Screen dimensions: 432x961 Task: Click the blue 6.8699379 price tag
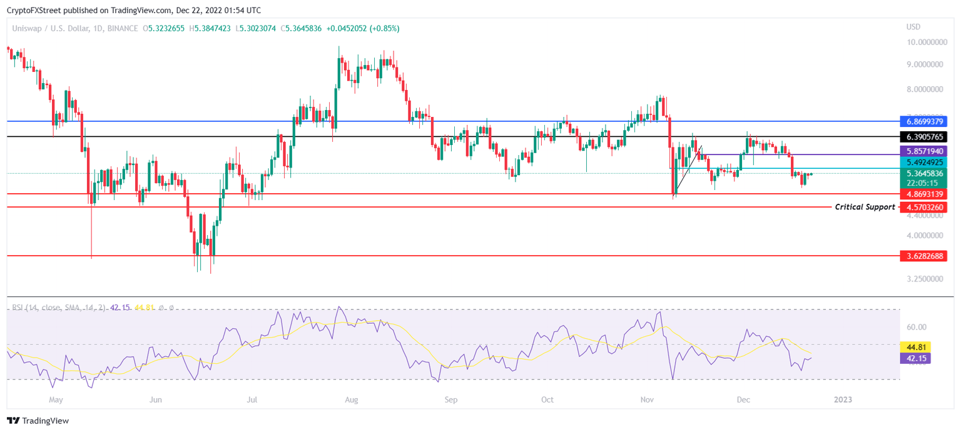(922, 121)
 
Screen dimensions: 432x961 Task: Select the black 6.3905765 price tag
(922, 136)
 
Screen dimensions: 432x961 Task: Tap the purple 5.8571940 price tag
(922, 151)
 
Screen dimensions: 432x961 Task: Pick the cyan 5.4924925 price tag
(922, 162)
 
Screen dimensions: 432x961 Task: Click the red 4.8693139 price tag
(922, 194)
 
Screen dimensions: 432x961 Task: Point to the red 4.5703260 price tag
(922, 207)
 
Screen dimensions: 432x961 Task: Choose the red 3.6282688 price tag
(922, 256)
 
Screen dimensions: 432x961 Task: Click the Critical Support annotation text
(865, 207)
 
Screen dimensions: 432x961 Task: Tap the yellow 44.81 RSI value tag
(914, 346)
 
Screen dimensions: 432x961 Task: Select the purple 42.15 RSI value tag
(914, 358)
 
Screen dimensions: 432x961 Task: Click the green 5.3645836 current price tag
(922, 174)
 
